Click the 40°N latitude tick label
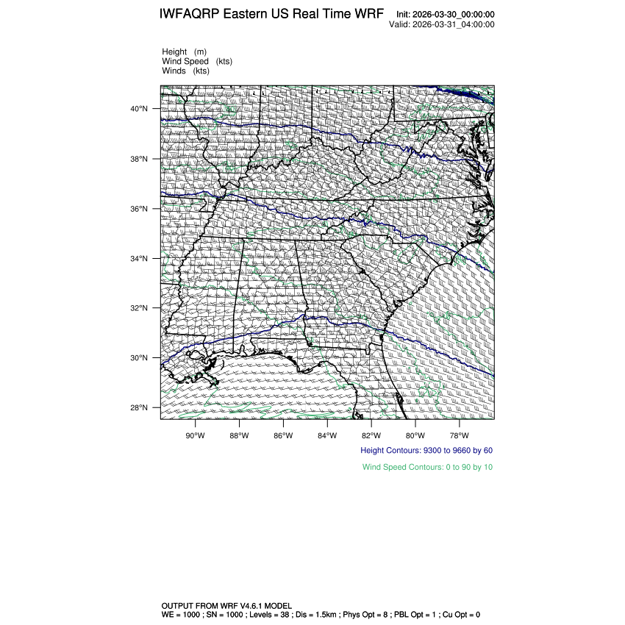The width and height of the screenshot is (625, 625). (x=140, y=109)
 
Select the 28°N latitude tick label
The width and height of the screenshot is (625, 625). (x=140, y=408)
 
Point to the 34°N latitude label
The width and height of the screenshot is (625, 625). (x=140, y=259)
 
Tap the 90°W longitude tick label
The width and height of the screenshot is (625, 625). (x=195, y=434)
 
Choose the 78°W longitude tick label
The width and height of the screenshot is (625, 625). (x=460, y=434)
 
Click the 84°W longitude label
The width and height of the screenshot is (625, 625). (x=327, y=434)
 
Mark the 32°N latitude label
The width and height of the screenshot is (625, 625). (x=140, y=308)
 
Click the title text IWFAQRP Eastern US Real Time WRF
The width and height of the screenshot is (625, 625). (x=271, y=15)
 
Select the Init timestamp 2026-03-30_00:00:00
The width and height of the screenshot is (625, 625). (x=445, y=15)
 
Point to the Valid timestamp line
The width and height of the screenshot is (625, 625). (x=441, y=24)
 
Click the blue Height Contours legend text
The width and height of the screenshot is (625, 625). (x=426, y=450)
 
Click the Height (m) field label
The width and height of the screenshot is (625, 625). (x=184, y=52)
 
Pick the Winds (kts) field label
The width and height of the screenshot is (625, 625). (x=185, y=71)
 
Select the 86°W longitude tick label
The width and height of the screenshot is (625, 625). (x=283, y=434)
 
